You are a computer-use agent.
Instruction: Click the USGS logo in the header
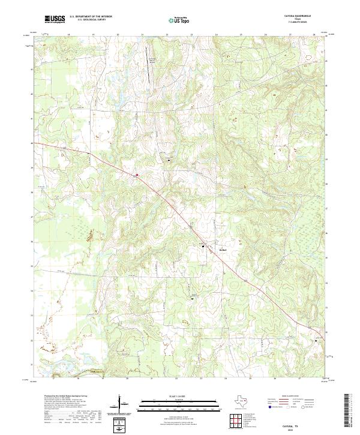tap(55, 20)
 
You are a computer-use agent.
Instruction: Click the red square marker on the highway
tap(137, 175)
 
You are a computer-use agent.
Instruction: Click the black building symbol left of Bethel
tap(203, 247)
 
